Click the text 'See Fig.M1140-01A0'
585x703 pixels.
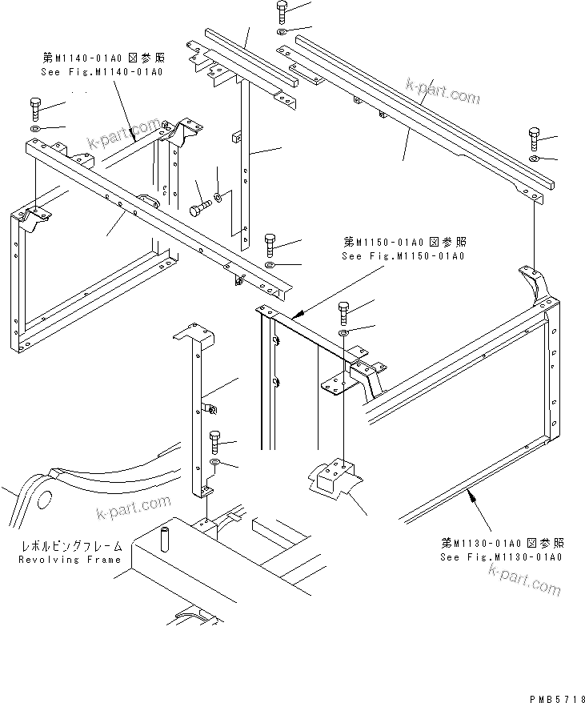(x=101, y=72)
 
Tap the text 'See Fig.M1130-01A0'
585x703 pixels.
(x=501, y=556)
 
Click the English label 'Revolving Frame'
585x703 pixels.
(x=70, y=560)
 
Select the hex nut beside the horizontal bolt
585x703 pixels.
(x=218, y=197)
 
